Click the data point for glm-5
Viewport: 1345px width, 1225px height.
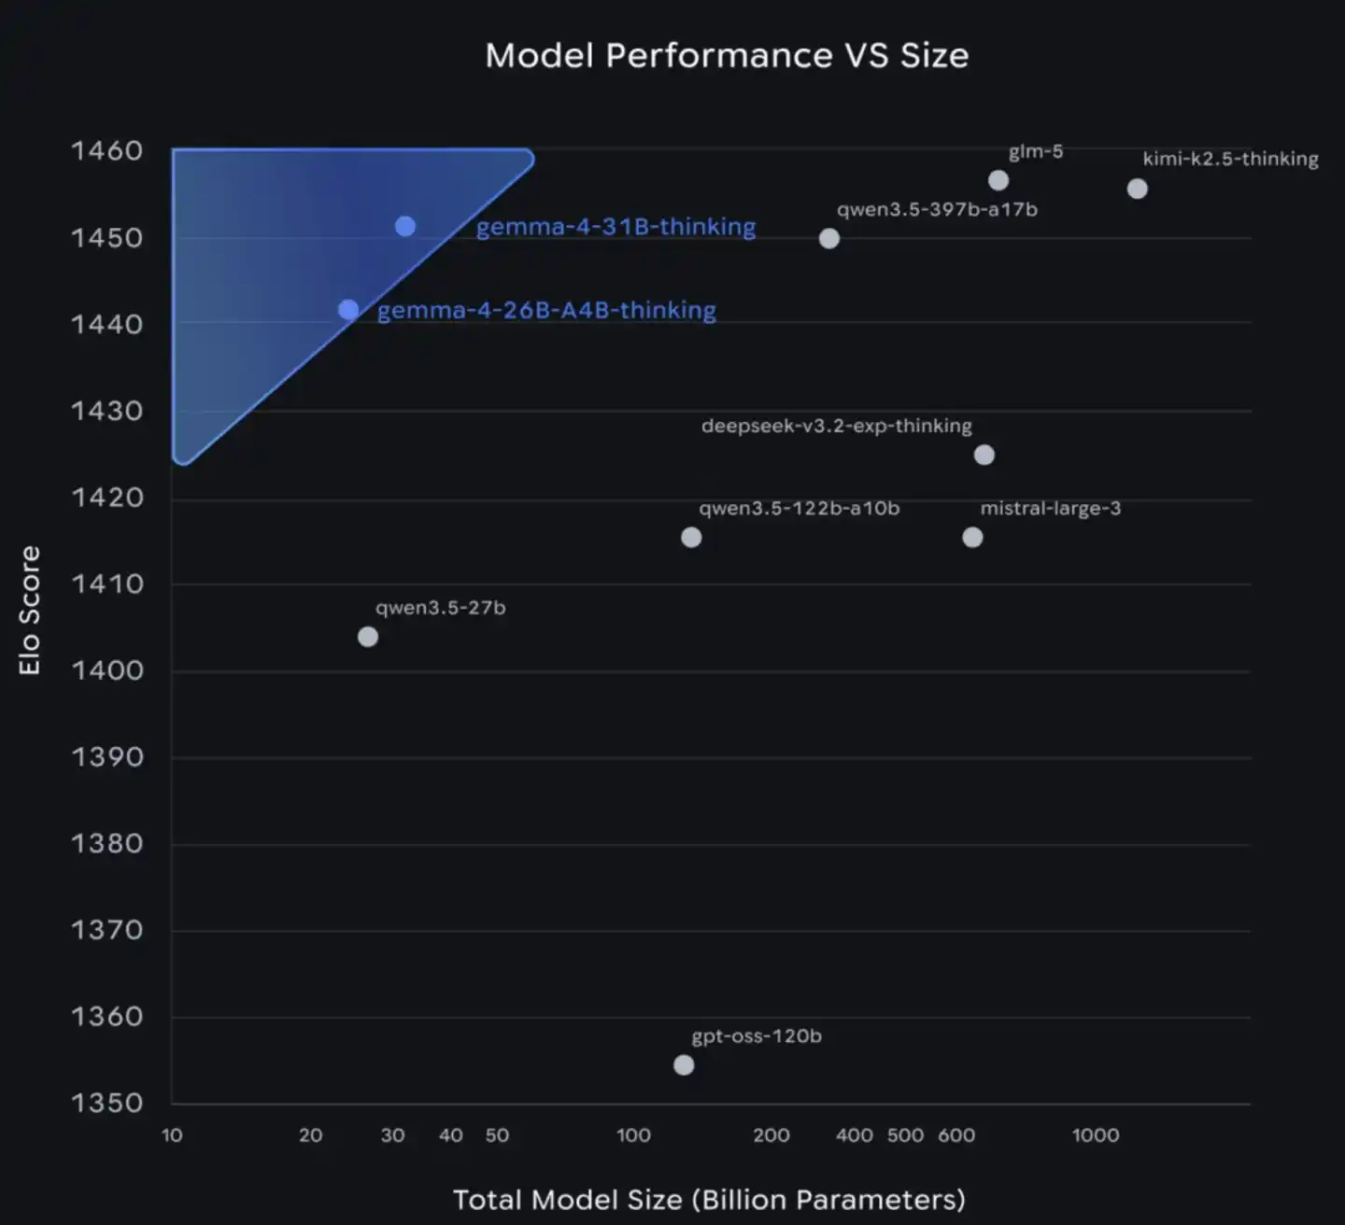998,180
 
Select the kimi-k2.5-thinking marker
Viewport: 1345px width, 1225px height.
1137,189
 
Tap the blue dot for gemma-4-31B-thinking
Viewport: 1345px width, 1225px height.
404,226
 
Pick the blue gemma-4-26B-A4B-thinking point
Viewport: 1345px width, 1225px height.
348,310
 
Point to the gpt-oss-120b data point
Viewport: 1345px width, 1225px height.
684,1065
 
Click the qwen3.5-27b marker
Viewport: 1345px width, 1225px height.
368,637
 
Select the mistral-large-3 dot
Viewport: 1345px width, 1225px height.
972,537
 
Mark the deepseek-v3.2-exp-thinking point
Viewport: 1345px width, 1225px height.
984,455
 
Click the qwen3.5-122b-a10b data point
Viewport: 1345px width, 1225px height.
691,537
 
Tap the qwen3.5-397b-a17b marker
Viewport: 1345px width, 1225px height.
828,238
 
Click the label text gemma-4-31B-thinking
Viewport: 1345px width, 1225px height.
616,227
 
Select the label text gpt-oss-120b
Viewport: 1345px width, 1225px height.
757,1036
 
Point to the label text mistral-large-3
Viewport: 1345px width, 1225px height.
1050,509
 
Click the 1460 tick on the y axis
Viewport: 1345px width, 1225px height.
106,150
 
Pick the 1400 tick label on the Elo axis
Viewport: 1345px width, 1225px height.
106,670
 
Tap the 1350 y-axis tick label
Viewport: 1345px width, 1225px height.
106,1103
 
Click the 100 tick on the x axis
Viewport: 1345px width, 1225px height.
633,1135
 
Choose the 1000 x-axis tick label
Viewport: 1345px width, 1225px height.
1095,1135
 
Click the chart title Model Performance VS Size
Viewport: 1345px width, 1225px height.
727,55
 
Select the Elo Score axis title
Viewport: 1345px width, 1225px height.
30,611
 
